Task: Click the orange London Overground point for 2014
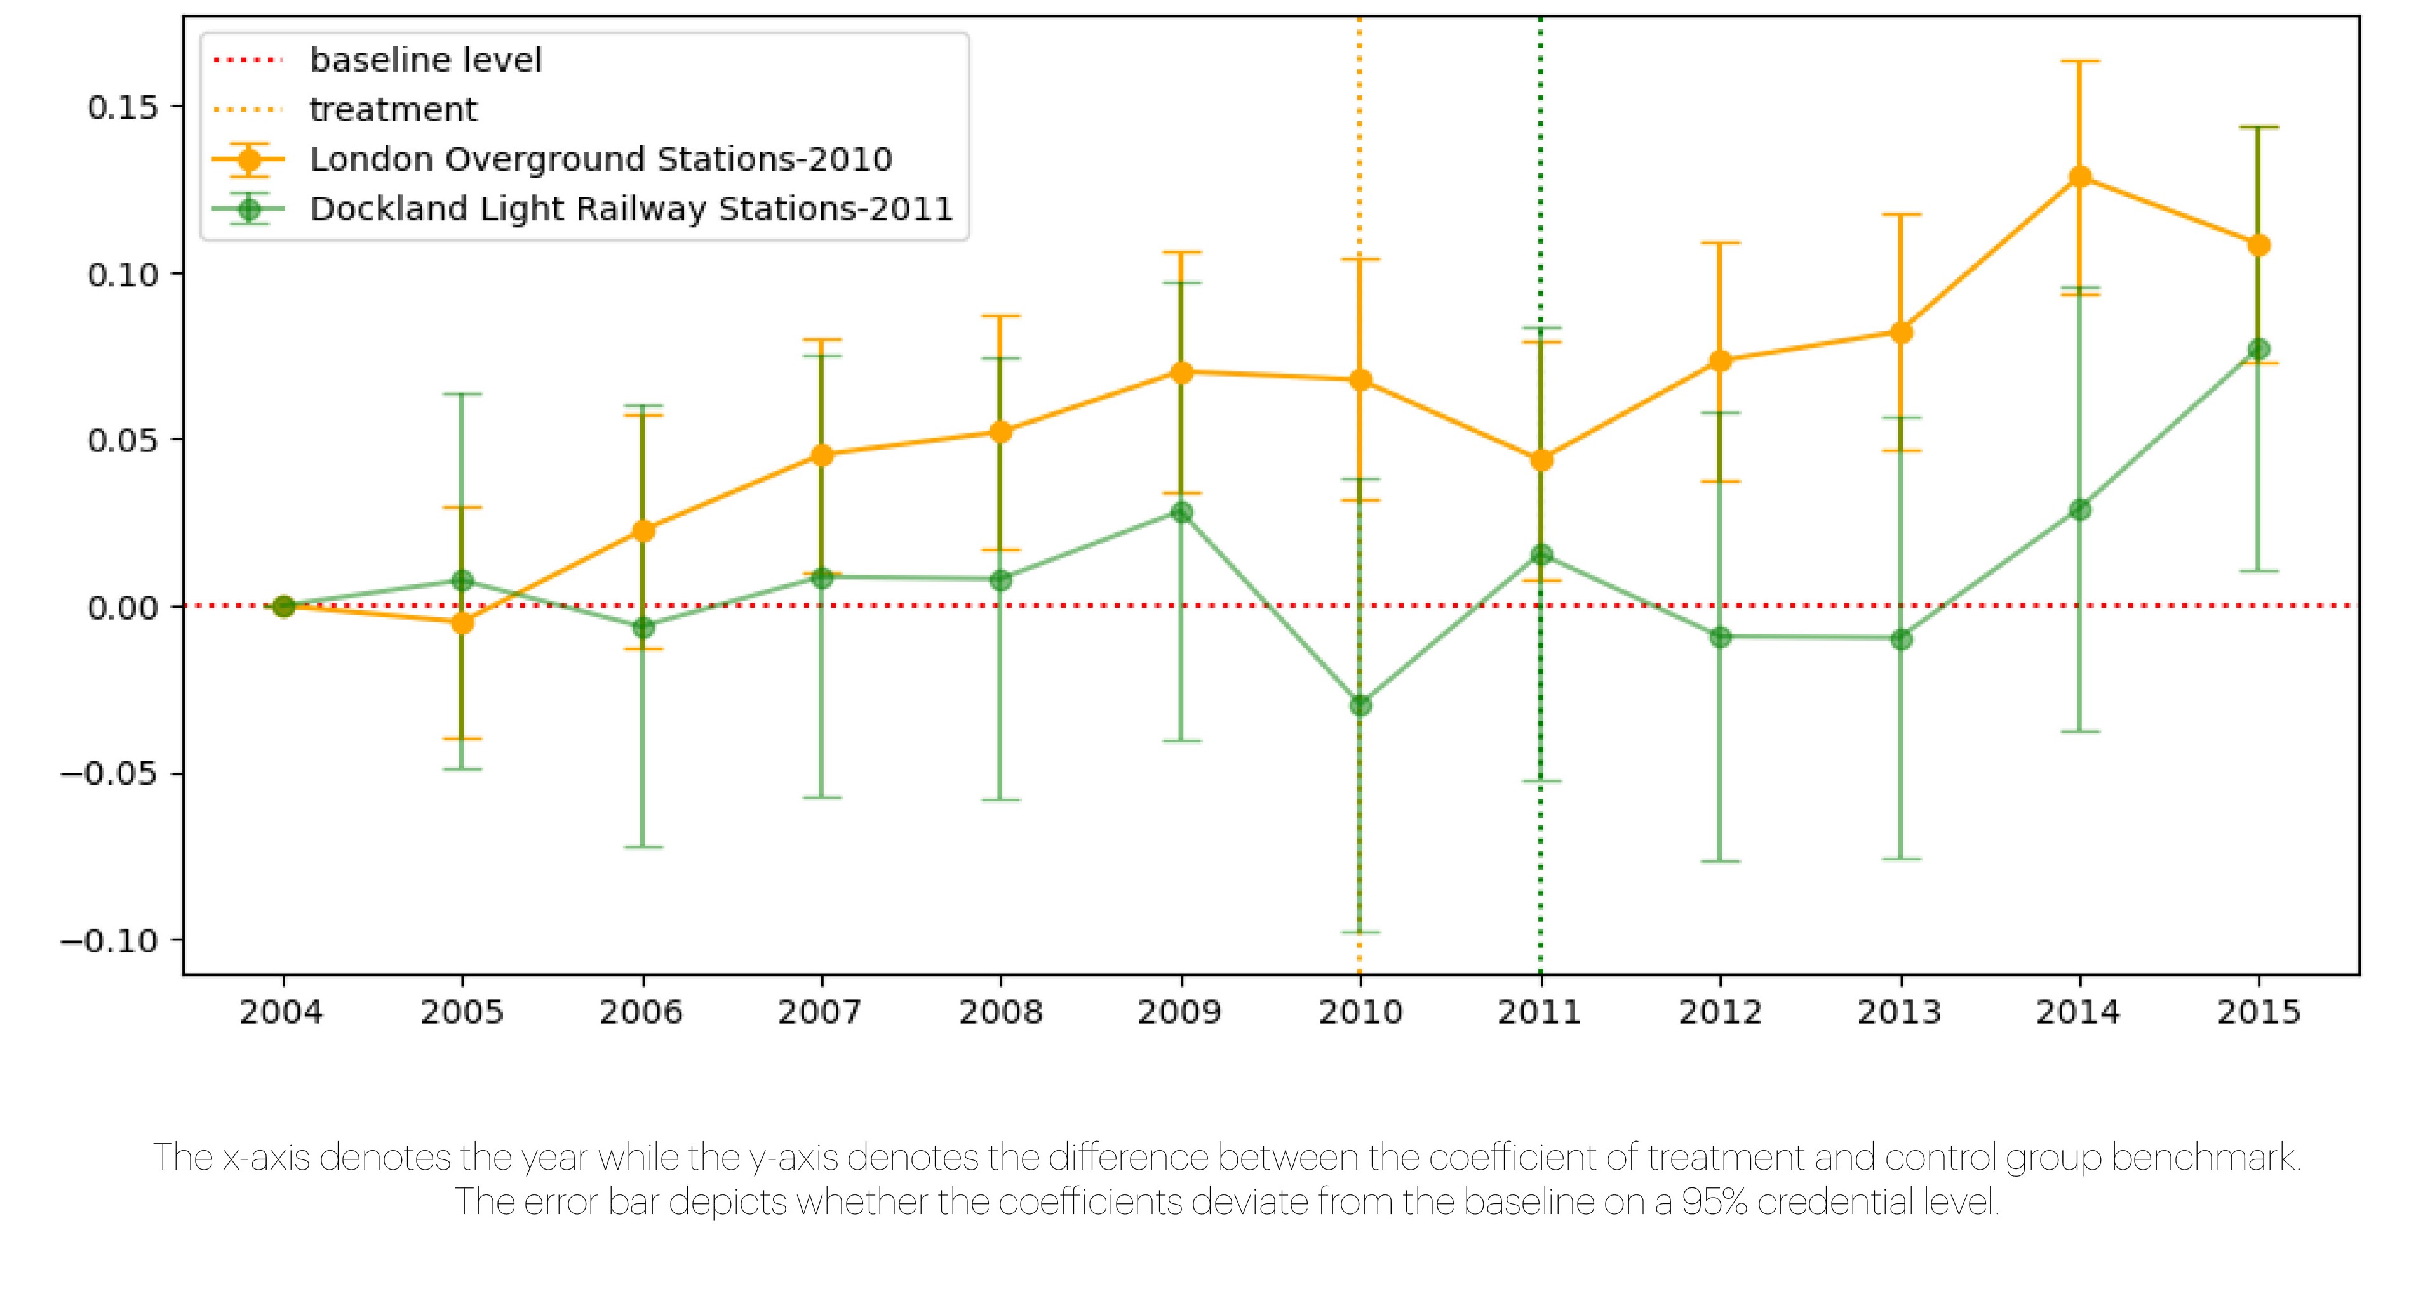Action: [2079, 177]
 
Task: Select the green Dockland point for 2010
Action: [1360, 705]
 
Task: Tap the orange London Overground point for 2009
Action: [1181, 372]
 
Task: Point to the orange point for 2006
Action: [643, 530]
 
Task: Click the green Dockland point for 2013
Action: [1901, 640]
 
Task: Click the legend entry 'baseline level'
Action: [425, 60]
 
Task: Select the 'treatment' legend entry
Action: [393, 110]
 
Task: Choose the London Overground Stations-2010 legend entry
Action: [600, 160]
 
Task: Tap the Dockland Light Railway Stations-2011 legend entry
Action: [630, 209]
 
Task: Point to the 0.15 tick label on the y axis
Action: [123, 108]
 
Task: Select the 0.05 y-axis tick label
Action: [123, 441]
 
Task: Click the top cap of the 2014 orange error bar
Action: [2079, 61]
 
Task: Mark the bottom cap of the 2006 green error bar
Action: [643, 847]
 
